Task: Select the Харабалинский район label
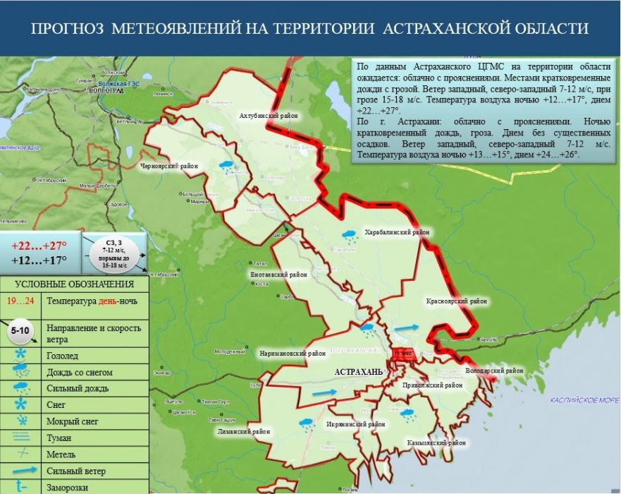[x=396, y=231]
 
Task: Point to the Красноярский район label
[x=457, y=301]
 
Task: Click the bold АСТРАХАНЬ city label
[x=358, y=371]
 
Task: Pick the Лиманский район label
[x=242, y=430]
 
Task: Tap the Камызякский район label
[x=436, y=443]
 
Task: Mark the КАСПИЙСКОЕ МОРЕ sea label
[x=580, y=399]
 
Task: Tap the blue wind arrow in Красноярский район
[x=406, y=328]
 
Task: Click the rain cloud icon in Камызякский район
[x=408, y=414]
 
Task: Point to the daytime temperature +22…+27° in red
[x=39, y=246]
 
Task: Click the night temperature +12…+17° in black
[x=39, y=260]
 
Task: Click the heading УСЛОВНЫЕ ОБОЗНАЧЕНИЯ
[x=74, y=284]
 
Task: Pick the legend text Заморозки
[x=68, y=486]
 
